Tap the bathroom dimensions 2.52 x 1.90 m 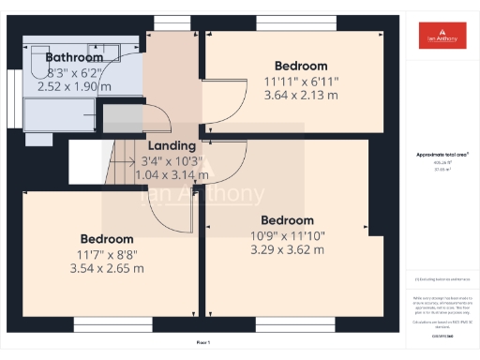click(74, 86)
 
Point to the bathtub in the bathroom click(58, 113)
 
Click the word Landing click(172, 145)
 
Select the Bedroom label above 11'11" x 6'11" click(301, 66)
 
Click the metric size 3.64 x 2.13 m click(301, 95)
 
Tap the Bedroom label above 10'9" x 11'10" click(288, 220)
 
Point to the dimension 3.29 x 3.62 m click(288, 249)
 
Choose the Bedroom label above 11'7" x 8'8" click(106, 239)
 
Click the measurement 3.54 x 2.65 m click(106, 268)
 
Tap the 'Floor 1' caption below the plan click(203, 343)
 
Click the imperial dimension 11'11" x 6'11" click(301, 81)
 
